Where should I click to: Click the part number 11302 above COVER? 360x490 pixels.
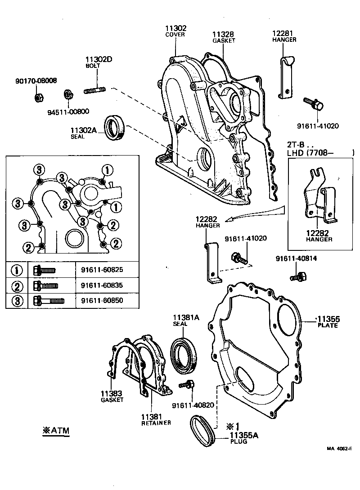(x=175, y=28)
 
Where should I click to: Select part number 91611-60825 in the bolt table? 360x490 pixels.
(x=102, y=270)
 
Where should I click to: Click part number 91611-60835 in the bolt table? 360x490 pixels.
(x=102, y=285)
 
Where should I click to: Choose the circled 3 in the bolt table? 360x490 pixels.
(x=17, y=300)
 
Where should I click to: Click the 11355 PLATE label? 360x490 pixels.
(x=328, y=322)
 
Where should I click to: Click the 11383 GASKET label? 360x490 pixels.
(x=112, y=396)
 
